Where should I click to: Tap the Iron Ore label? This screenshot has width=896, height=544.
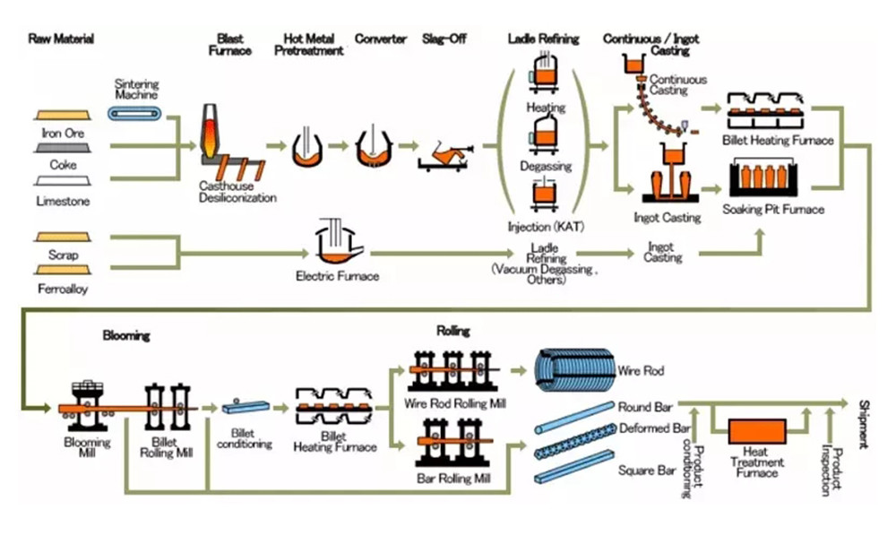[x=63, y=133]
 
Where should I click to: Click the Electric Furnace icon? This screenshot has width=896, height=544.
[x=337, y=241]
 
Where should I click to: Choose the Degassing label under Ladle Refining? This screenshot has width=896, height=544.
[x=546, y=167]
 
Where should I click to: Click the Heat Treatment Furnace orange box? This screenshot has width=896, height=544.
[x=759, y=433]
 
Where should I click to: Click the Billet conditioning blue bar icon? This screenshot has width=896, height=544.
[x=243, y=407]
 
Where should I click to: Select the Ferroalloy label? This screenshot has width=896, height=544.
[x=63, y=289]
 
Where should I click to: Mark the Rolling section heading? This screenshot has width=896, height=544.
[x=452, y=331]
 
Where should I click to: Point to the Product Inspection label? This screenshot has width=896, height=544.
[x=831, y=471]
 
